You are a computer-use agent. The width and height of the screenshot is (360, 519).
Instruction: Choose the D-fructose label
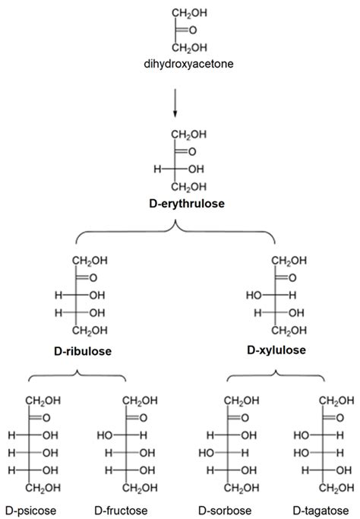pyautogui.click(x=121, y=508)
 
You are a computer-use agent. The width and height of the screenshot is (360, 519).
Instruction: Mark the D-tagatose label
pyautogui.click(x=321, y=508)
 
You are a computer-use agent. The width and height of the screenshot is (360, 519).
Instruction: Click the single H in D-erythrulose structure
pyautogui.click(x=157, y=168)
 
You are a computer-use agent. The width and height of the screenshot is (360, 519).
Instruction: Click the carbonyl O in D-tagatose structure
pyautogui.click(x=334, y=417)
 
